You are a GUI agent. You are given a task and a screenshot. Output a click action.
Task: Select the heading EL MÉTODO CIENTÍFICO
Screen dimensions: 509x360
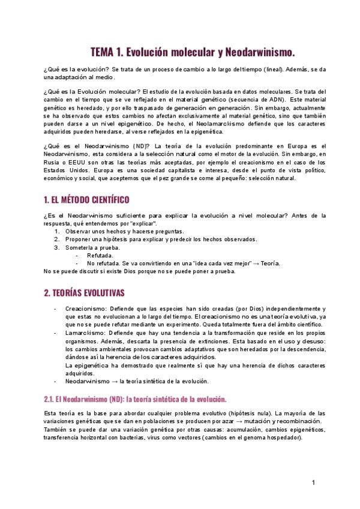[86, 199]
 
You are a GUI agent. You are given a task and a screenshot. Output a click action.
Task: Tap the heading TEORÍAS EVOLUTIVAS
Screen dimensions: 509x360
[84, 293]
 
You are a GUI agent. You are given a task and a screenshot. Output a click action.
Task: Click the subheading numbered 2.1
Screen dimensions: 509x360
[134, 399]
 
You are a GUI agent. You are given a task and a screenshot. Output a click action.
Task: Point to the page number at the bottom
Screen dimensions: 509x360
[313, 483]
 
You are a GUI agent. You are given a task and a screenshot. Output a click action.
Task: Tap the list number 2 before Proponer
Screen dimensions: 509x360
[57, 239]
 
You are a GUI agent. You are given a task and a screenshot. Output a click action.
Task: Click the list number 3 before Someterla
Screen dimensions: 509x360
[57, 247]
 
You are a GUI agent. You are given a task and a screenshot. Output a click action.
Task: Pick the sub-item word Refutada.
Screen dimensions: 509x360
[100, 255]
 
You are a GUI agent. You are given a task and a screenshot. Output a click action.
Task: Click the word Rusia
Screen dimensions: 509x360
[53, 162]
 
